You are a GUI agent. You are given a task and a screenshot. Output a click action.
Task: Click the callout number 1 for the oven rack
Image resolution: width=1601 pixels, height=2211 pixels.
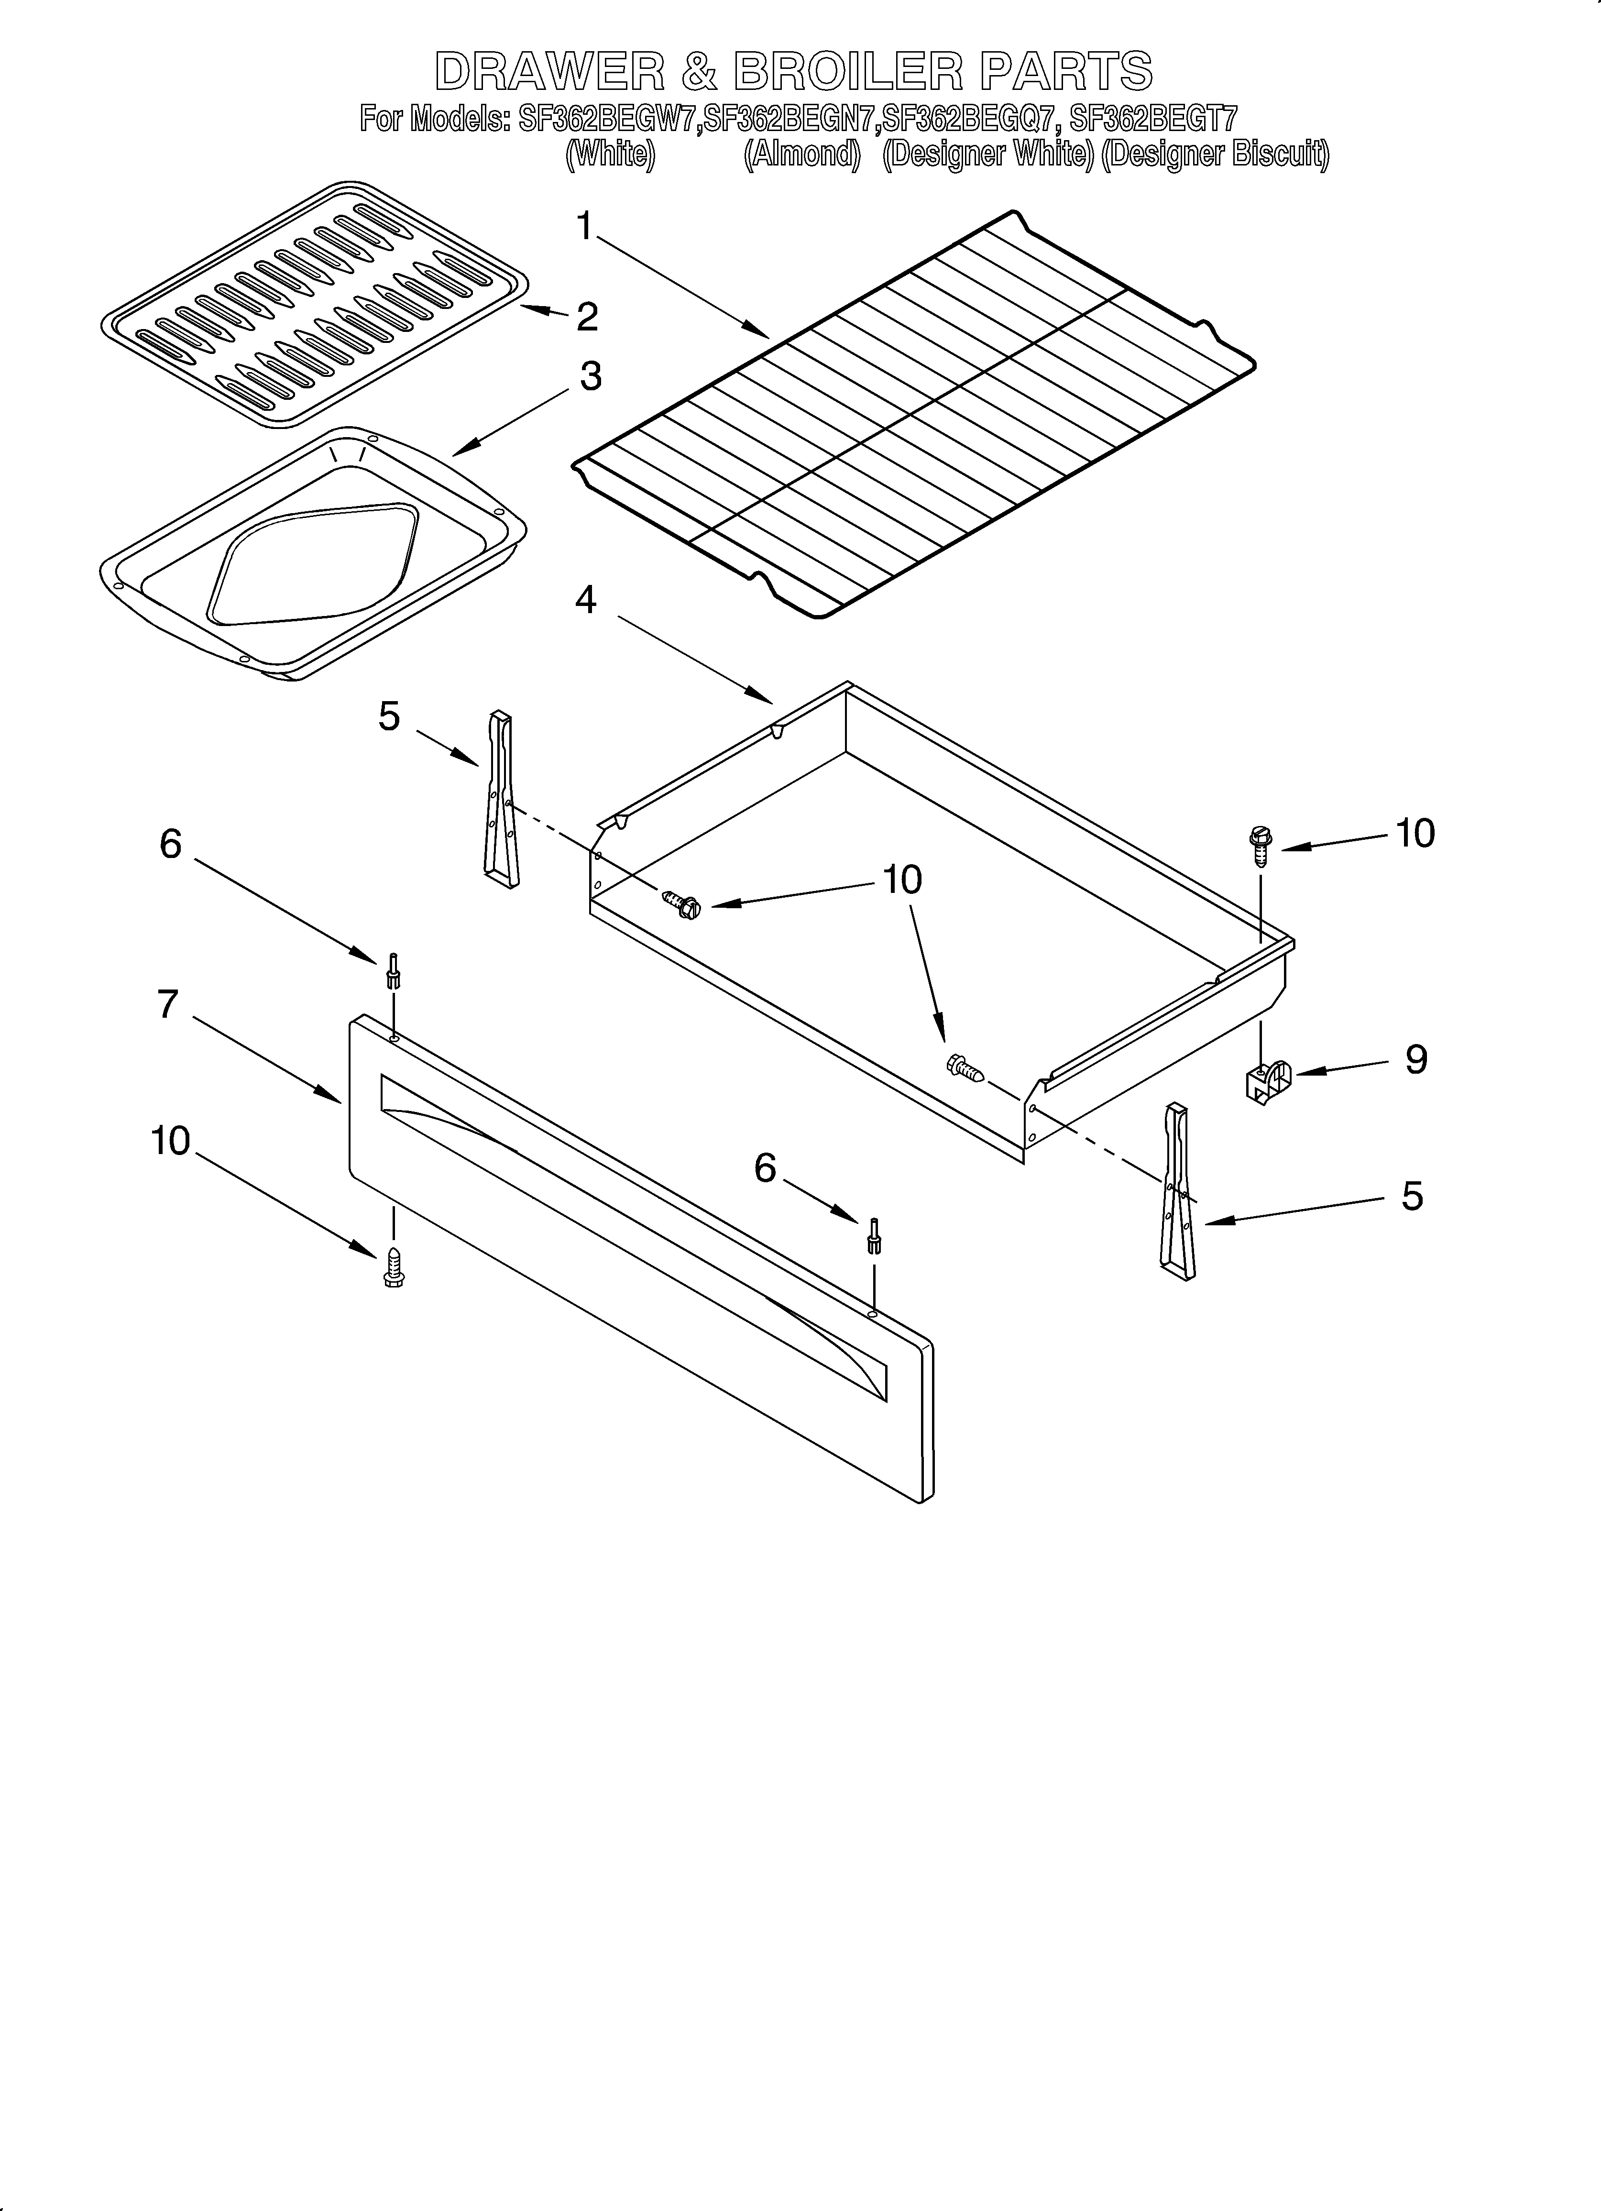pos(584,227)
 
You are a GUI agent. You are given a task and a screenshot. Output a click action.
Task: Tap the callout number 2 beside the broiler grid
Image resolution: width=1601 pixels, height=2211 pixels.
pos(587,317)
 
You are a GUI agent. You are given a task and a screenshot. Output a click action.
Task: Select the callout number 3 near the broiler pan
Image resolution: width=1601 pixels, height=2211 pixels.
pos(591,376)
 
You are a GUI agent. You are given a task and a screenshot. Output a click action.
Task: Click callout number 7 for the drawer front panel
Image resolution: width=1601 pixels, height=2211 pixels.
pos(169,1004)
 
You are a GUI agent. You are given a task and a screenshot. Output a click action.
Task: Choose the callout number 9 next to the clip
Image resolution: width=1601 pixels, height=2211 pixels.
pos(1416,1060)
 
